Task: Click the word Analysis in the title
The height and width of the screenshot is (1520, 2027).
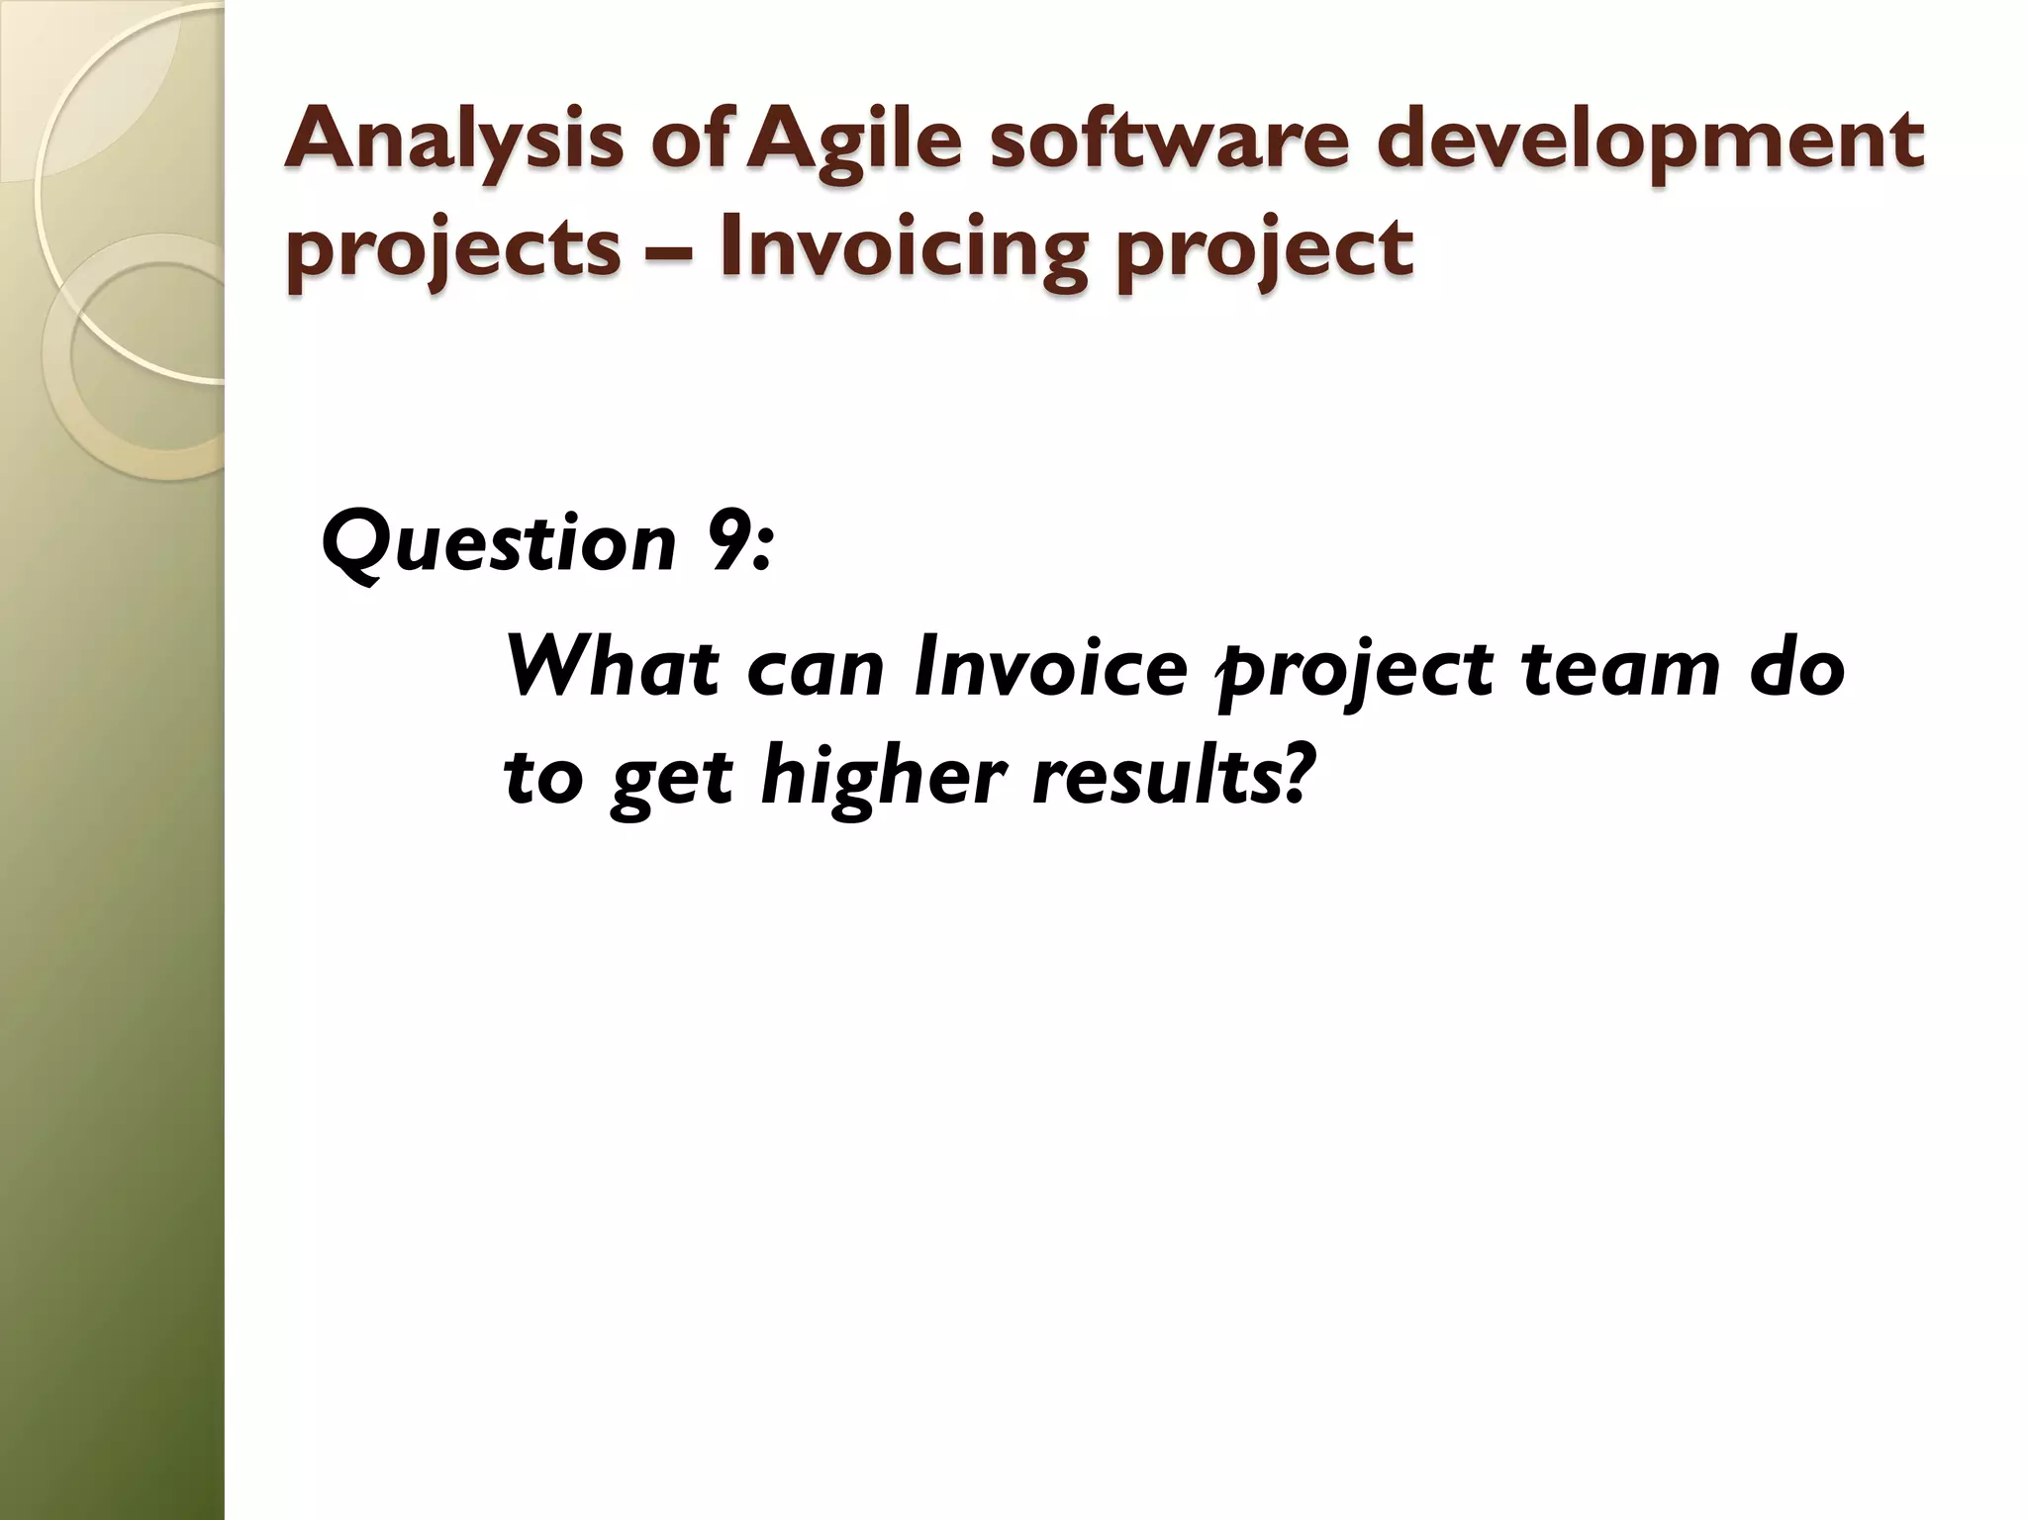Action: (x=453, y=141)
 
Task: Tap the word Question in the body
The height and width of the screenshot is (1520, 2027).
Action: (x=499, y=542)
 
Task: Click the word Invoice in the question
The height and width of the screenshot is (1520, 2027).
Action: (x=1050, y=667)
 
